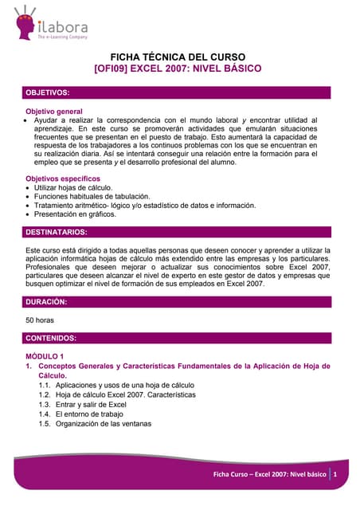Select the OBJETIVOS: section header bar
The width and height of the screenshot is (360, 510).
(x=175, y=93)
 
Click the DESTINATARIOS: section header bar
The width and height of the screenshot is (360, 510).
(x=175, y=232)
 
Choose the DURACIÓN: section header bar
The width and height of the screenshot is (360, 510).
(x=175, y=302)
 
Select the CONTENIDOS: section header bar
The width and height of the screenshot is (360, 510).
(x=175, y=338)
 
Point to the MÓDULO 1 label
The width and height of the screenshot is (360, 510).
(x=49, y=355)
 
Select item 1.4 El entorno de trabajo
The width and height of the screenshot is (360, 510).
(x=89, y=414)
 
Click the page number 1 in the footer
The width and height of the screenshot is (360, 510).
(x=336, y=475)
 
